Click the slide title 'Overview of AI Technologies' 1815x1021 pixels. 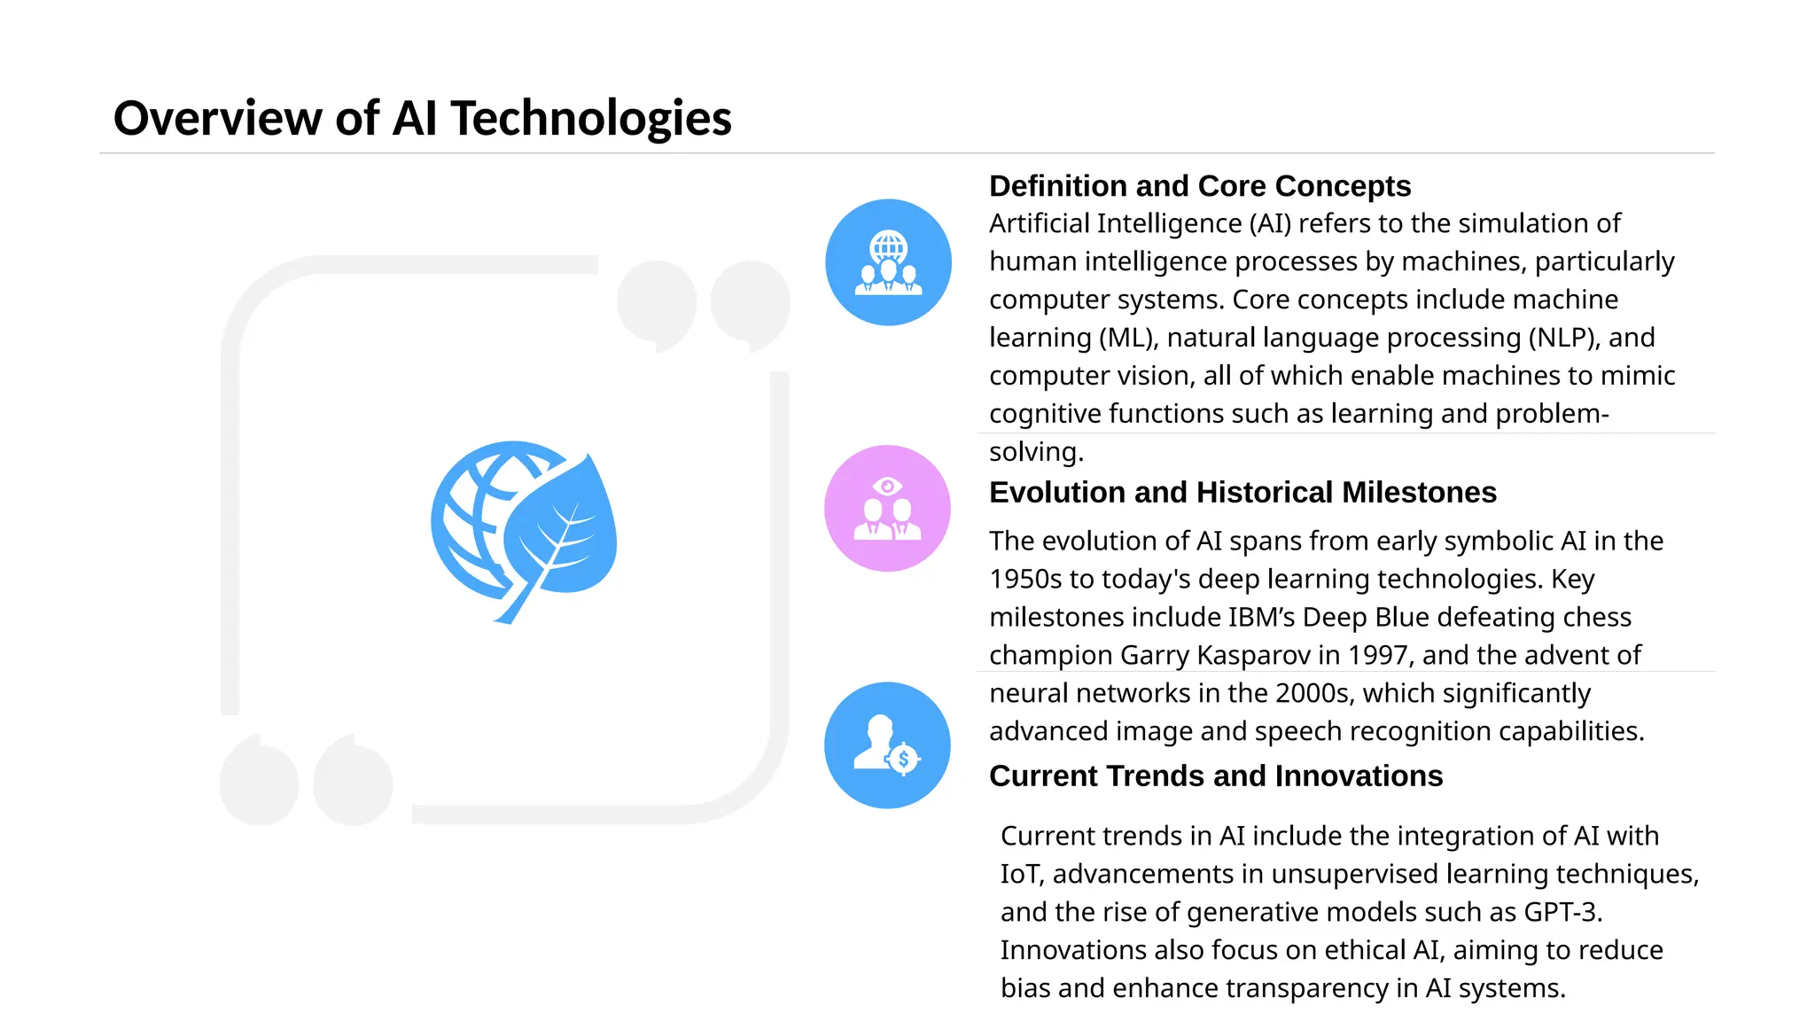click(x=422, y=118)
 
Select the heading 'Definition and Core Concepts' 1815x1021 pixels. click(x=1199, y=186)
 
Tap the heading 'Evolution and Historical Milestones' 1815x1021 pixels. click(x=1242, y=492)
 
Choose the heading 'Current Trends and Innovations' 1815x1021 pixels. click(x=1215, y=775)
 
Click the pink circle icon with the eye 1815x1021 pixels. click(x=887, y=508)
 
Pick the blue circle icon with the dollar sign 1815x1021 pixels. click(x=887, y=744)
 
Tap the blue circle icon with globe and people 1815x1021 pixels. click(x=888, y=262)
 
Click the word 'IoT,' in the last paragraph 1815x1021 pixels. click(x=1022, y=874)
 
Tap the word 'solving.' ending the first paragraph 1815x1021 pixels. click(x=1036, y=452)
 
